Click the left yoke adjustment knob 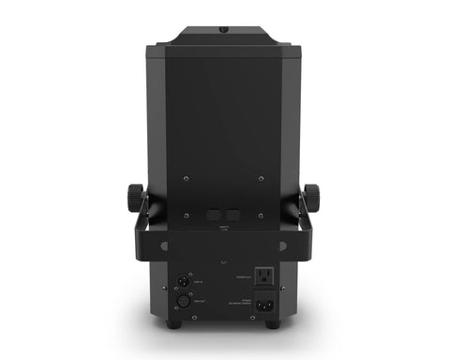point(133,198)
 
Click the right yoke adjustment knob point(311,198)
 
